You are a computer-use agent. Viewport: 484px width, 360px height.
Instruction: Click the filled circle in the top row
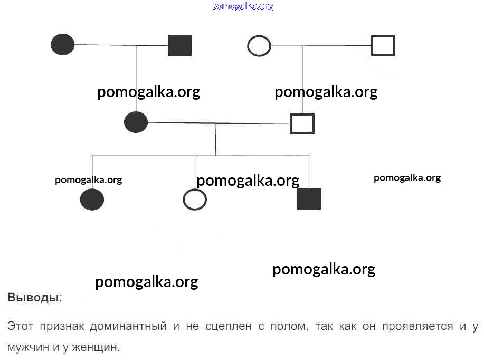(x=63, y=44)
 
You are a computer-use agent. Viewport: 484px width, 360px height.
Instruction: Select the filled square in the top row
(x=179, y=45)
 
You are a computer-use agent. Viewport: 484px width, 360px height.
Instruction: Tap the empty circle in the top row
(x=259, y=46)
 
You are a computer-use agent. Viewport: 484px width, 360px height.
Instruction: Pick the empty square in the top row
(x=383, y=45)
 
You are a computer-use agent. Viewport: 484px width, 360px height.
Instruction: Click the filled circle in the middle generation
(x=136, y=122)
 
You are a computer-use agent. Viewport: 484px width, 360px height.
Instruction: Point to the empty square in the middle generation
(x=302, y=124)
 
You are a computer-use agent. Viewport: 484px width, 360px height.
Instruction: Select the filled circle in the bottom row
(x=92, y=200)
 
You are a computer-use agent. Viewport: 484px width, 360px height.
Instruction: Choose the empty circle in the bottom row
(x=194, y=200)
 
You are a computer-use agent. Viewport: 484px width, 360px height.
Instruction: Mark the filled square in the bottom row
(x=309, y=199)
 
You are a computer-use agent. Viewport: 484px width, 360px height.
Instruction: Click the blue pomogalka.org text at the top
(x=242, y=6)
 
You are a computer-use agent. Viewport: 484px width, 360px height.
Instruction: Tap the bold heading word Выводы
(x=33, y=297)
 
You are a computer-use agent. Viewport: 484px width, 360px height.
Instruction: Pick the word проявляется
(x=416, y=326)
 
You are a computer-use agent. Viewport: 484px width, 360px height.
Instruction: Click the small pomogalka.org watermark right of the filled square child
(x=407, y=177)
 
